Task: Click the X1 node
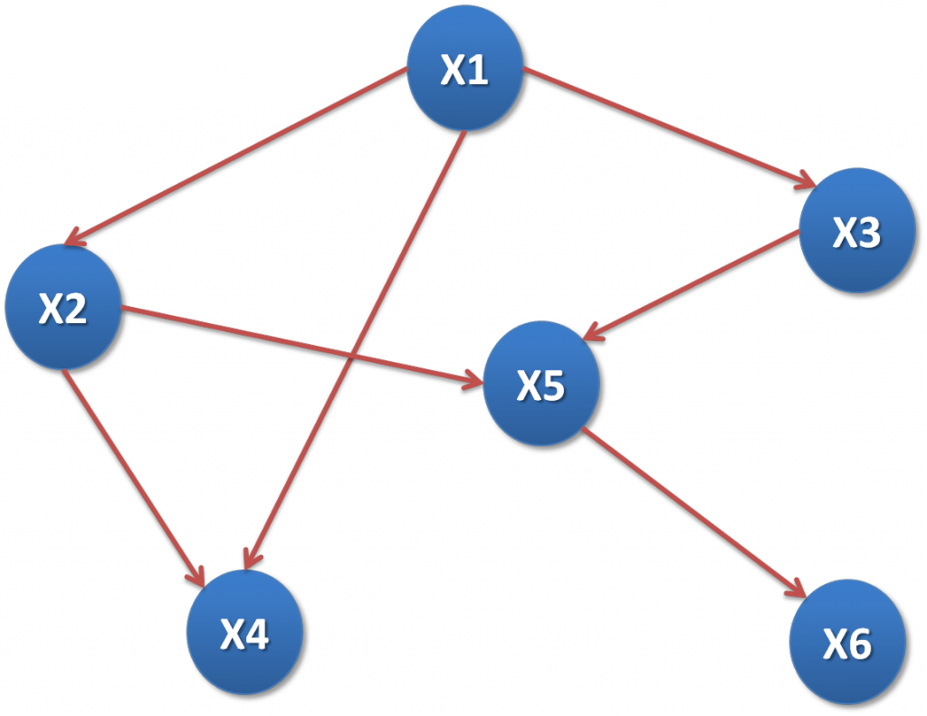coord(464,72)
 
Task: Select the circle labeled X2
coord(62,309)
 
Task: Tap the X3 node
coord(855,233)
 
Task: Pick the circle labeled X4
coord(244,635)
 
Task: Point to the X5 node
coord(540,386)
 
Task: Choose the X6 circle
coord(846,644)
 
